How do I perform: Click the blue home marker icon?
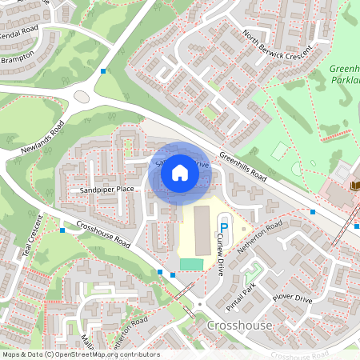[180, 173]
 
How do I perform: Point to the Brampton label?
[17, 59]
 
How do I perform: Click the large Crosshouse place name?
[239, 326]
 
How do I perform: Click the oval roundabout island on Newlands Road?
[82, 96]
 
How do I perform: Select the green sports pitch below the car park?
[191, 264]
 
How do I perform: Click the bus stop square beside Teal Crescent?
[62, 230]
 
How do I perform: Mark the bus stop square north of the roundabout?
[103, 72]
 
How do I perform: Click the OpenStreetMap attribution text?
[80, 354]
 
